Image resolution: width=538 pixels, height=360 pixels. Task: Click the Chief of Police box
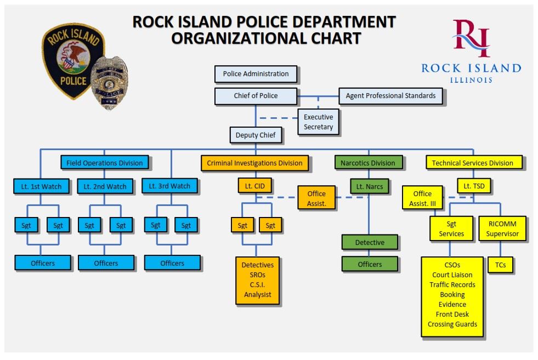(x=256, y=96)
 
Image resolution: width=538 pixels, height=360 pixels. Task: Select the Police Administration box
(x=256, y=74)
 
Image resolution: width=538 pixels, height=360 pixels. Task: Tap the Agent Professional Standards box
(x=390, y=96)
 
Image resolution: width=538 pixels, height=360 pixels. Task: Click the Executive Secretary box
(x=318, y=122)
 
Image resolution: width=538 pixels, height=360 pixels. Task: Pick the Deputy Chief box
(x=256, y=135)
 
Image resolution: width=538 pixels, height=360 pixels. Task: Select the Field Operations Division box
(x=104, y=163)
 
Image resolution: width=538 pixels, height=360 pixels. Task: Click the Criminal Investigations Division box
(x=254, y=163)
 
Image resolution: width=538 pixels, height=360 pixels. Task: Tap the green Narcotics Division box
(x=369, y=163)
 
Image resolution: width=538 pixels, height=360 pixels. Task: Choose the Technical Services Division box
(x=472, y=163)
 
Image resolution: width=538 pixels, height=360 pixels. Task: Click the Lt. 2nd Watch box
(x=105, y=187)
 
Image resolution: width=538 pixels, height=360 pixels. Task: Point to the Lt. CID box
(x=254, y=186)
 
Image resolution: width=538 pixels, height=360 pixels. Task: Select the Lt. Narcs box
(x=369, y=187)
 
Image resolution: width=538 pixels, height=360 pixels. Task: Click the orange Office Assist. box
(x=316, y=198)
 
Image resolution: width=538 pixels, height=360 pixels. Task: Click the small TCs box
(x=500, y=265)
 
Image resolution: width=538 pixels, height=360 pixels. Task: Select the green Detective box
(x=370, y=242)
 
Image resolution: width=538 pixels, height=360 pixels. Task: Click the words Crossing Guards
(x=452, y=324)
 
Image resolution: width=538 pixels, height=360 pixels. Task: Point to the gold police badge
(x=110, y=83)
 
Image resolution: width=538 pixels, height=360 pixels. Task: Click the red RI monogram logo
(x=471, y=38)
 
